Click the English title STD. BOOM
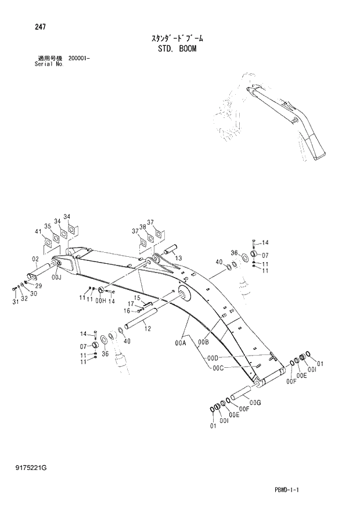tap(177, 49)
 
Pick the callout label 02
tap(35, 259)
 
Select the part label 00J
tap(56, 278)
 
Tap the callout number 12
tap(147, 329)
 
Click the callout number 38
tap(142, 227)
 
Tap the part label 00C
tap(218, 367)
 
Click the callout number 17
tap(132, 303)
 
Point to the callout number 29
tap(38, 286)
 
